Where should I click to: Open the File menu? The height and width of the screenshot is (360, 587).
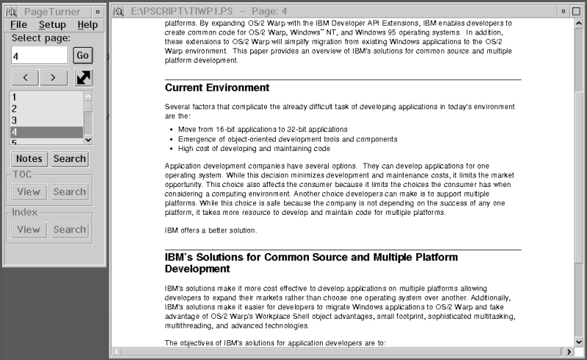click(19, 25)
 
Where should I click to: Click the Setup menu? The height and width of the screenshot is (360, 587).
click(52, 25)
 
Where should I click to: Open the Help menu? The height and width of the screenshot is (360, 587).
click(87, 25)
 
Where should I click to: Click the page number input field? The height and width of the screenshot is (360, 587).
click(40, 56)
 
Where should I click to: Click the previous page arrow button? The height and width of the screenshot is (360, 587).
click(26, 77)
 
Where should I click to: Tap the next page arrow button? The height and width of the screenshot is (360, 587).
click(53, 77)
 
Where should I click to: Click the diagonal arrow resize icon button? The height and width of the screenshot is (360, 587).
click(84, 77)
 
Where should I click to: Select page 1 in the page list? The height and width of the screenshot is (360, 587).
click(47, 97)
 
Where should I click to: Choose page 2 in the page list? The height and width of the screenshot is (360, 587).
click(47, 109)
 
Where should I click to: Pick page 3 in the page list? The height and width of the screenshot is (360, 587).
click(47, 120)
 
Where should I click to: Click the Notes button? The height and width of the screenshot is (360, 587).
click(29, 158)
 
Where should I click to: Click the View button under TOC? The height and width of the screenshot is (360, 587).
click(29, 192)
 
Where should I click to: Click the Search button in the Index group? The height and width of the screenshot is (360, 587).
click(70, 229)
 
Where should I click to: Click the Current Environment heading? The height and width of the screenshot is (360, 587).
click(217, 88)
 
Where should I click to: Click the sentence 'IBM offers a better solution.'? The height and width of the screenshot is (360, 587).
click(211, 231)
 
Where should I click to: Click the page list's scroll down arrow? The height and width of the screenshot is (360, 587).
click(89, 139)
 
